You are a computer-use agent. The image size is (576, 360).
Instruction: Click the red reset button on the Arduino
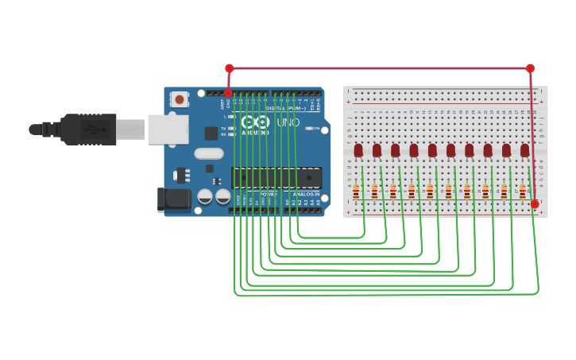180,100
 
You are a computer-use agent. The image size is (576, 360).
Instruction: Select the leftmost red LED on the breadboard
358,149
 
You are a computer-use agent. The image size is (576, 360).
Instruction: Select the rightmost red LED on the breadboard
524,149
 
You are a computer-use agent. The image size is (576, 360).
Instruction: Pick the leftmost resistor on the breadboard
356,191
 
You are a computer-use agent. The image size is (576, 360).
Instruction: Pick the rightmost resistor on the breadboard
522,191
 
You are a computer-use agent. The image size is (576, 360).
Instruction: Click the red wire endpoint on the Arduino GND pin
229,93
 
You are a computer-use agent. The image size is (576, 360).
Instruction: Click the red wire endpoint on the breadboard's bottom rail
535,204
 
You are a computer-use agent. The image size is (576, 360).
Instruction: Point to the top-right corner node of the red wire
530,68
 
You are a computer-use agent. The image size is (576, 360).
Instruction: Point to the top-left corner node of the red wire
229,68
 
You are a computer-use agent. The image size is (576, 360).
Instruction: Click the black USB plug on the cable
87,129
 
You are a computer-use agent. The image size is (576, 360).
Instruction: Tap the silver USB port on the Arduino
167,129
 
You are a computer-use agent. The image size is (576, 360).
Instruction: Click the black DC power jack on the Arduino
174,199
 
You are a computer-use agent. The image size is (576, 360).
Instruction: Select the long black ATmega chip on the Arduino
276,179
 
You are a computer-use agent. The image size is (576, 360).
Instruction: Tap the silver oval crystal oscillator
208,153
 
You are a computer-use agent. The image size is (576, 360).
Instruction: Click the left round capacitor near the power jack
205,195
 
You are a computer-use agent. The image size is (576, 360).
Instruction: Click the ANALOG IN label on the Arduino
306,194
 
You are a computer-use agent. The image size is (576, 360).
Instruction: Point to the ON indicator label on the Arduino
315,128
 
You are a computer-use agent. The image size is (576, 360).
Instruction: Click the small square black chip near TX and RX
211,134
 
